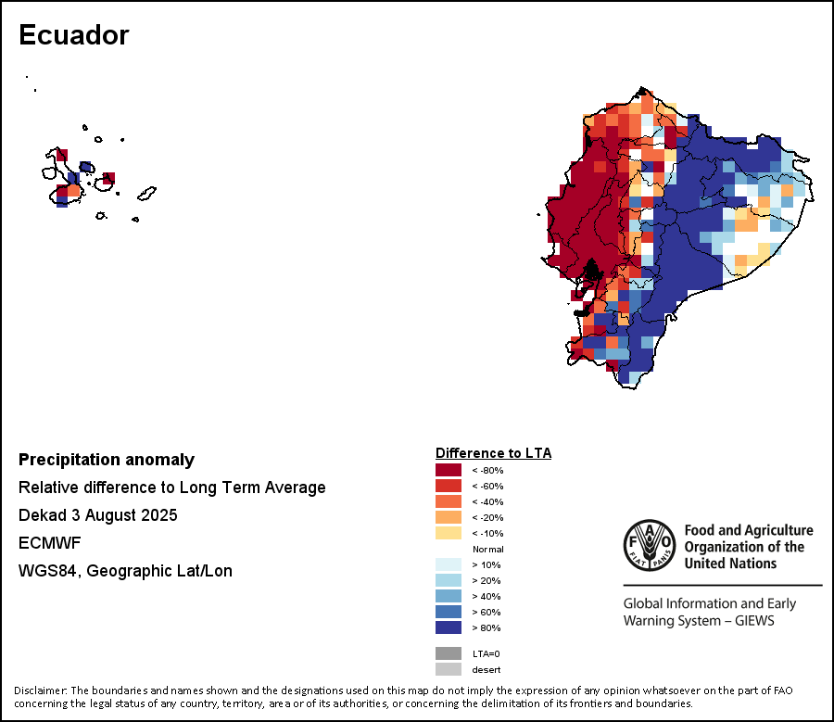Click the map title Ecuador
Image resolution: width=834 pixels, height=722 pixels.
74,35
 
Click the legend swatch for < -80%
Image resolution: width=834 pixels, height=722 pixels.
449,470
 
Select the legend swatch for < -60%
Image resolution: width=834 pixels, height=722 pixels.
449,486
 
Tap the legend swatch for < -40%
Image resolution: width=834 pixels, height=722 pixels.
449,501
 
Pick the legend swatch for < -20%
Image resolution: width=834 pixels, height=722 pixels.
449,517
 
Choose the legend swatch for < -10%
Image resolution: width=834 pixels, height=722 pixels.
449,533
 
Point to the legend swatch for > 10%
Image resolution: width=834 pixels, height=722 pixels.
449,564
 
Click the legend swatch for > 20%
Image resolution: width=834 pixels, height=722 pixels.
449,580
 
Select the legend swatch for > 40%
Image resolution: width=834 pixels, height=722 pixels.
449,596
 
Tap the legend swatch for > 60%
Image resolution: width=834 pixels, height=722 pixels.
449,612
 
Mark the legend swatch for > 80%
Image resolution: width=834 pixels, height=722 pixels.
449,627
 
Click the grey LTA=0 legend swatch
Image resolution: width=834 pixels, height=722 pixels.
449,653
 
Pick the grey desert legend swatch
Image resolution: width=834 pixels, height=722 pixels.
449,669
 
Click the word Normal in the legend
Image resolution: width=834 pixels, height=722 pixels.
487,549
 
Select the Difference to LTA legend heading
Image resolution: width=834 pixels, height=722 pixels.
493,453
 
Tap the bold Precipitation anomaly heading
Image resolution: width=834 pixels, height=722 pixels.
107,460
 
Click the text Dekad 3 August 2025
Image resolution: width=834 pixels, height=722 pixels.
97,515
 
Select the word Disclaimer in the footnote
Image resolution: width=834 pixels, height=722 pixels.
40,690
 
